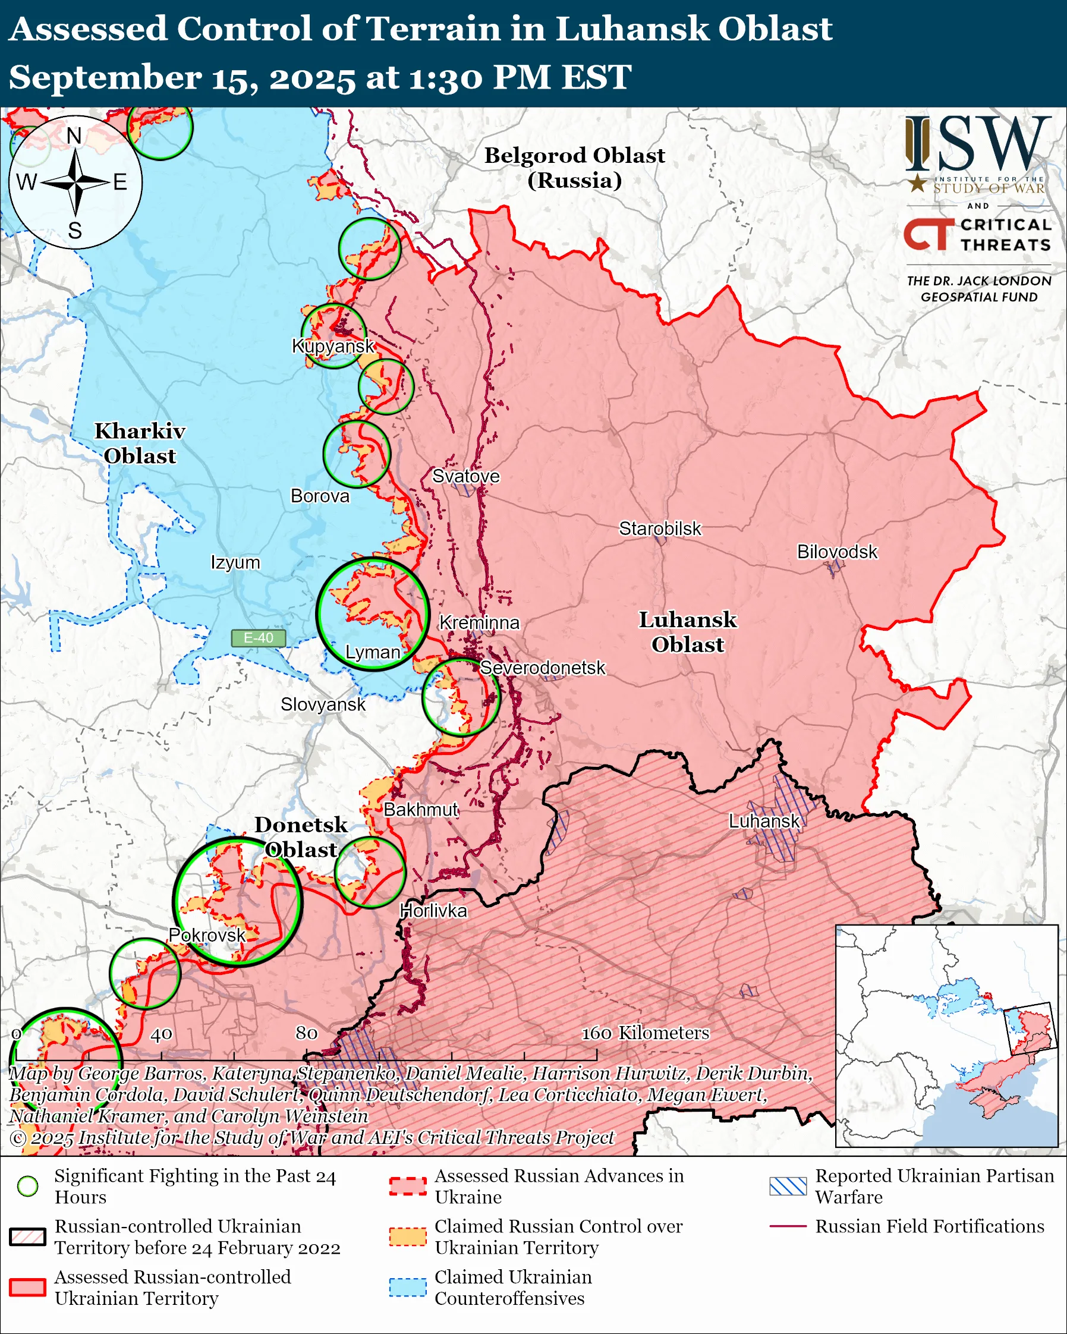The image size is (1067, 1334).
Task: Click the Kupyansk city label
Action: click(333, 346)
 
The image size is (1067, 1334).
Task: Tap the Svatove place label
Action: click(465, 476)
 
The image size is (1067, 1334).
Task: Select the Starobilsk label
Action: click(659, 528)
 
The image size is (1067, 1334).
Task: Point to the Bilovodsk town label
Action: click(836, 551)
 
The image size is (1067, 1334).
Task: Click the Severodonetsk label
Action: click(542, 668)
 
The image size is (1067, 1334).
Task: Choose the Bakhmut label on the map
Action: click(421, 809)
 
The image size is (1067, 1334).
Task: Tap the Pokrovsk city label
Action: click(207, 935)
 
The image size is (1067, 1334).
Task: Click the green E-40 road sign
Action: click(258, 638)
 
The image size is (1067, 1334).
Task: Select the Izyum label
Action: click(235, 562)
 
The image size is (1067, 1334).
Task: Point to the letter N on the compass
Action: click(74, 136)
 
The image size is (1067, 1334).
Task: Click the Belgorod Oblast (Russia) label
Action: click(574, 168)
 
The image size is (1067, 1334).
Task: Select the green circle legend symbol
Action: click(27, 1186)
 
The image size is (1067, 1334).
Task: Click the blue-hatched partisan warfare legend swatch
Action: click(788, 1186)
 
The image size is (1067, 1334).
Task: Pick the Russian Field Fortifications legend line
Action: click(788, 1226)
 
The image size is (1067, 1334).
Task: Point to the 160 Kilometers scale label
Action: click(644, 1033)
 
